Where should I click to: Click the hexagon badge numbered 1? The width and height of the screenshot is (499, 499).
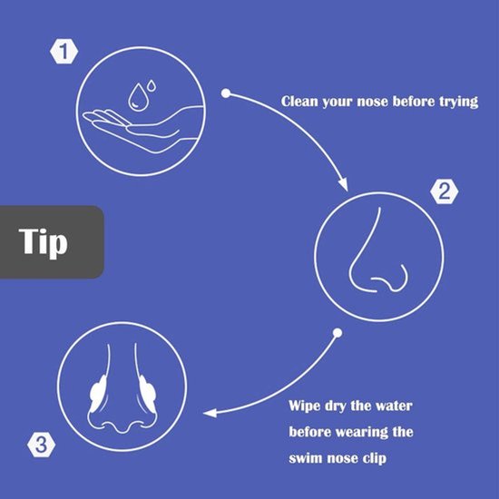[64, 51]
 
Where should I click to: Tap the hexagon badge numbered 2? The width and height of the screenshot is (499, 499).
[444, 191]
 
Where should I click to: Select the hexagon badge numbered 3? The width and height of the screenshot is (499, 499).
[42, 445]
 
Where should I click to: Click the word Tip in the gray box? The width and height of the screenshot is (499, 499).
[44, 241]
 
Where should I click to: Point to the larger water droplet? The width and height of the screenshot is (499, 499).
[137, 97]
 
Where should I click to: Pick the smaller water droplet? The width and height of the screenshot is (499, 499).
[152, 85]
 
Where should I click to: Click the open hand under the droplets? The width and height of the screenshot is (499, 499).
[142, 129]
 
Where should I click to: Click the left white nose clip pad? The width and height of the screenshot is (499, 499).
[98, 394]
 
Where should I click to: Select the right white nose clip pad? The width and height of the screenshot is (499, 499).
[147, 394]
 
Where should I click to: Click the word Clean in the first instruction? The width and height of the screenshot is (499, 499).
[299, 102]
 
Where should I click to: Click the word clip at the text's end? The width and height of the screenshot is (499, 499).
[375, 458]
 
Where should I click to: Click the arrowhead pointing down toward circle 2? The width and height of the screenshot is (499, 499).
[343, 184]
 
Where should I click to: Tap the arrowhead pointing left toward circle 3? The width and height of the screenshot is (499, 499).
[210, 413]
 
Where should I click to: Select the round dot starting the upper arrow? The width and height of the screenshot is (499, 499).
[226, 93]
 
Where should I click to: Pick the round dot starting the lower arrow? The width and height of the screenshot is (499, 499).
[338, 333]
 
